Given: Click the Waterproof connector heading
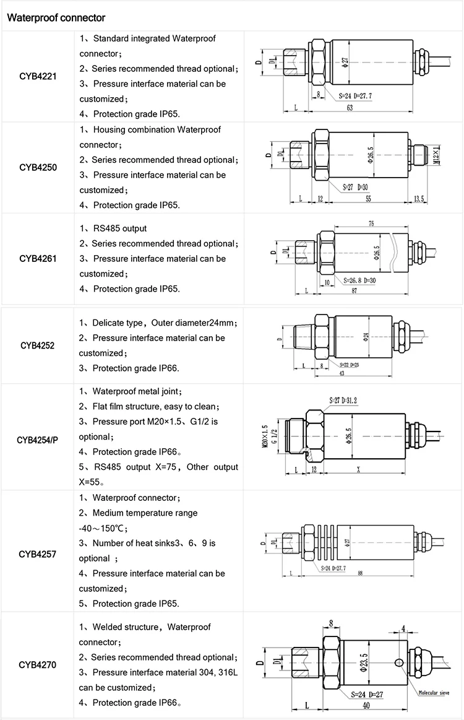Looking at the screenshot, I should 56,17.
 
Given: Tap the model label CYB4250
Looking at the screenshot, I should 38,167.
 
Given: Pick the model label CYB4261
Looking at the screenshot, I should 38,258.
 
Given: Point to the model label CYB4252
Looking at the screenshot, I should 37,345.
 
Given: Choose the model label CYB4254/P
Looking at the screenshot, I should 37,440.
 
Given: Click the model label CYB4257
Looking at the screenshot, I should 38,553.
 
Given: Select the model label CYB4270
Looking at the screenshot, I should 38,666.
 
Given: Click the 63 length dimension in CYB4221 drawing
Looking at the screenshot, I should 350,108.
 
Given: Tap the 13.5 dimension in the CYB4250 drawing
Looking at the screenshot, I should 419,198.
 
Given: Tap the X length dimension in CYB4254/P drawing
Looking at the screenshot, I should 359,470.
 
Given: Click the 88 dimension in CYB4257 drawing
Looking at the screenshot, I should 360,573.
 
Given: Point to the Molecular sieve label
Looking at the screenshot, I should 436,693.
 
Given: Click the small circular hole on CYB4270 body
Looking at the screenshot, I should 399,663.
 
